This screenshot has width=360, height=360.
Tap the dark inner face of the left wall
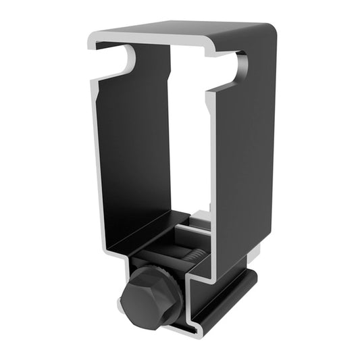pyautogui.click(x=132, y=155)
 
